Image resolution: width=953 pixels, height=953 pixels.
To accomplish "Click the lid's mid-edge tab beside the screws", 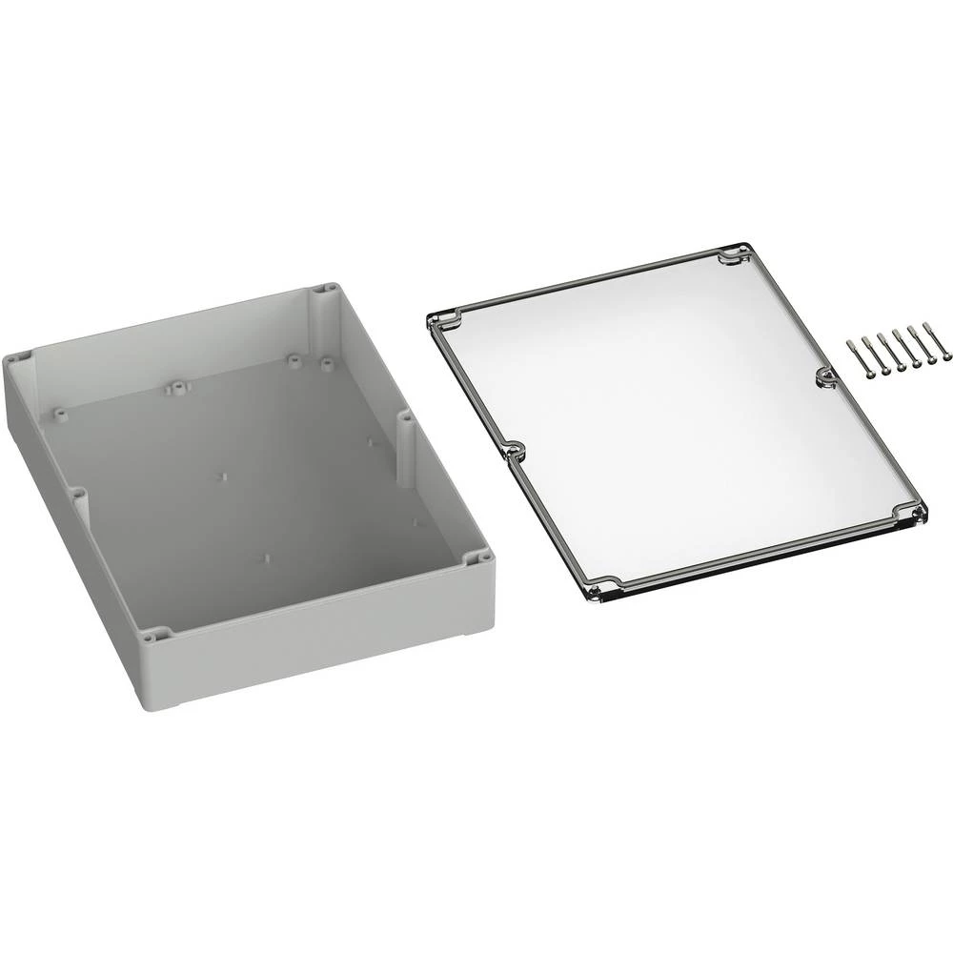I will coord(823,378).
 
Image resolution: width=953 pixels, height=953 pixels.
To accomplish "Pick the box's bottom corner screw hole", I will coord(156,633).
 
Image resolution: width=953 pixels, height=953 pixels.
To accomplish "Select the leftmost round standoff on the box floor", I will coord(61,412).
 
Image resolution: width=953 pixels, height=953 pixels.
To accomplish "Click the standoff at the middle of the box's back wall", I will coord(176,387).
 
